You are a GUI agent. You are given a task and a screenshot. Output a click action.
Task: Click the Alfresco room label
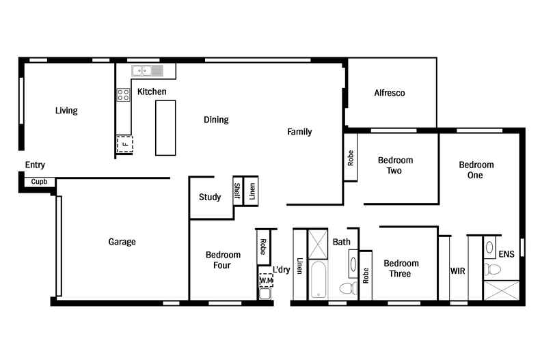click(x=390, y=93)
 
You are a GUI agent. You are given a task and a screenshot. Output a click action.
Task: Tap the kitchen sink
click(x=148, y=70)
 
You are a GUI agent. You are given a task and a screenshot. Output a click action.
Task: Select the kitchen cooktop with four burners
click(x=123, y=95)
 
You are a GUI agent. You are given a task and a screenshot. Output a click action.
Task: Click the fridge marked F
click(x=124, y=145)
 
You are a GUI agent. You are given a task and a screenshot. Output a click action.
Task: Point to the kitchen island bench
click(x=165, y=127)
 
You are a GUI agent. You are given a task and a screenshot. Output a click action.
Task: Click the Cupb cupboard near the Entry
click(x=38, y=182)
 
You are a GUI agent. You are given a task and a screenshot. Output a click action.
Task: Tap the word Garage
click(x=122, y=242)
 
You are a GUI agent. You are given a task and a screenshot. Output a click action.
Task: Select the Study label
click(x=210, y=197)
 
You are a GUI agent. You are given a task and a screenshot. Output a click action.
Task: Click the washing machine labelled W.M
click(x=265, y=279)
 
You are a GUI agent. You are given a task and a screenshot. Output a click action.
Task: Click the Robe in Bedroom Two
click(x=351, y=158)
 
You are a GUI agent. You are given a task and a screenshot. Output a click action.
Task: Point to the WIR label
click(x=458, y=271)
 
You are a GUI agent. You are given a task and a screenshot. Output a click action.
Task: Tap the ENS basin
click(x=489, y=247)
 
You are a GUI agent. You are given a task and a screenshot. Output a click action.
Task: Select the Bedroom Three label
click(x=401, y=268)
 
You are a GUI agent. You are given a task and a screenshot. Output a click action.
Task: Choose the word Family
click(x=299, y=132)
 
